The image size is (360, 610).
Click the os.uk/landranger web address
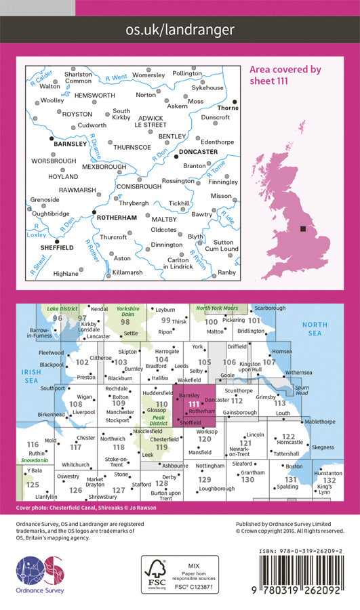tap(180, 30)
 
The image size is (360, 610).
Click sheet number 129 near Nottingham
tap(205, 479)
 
